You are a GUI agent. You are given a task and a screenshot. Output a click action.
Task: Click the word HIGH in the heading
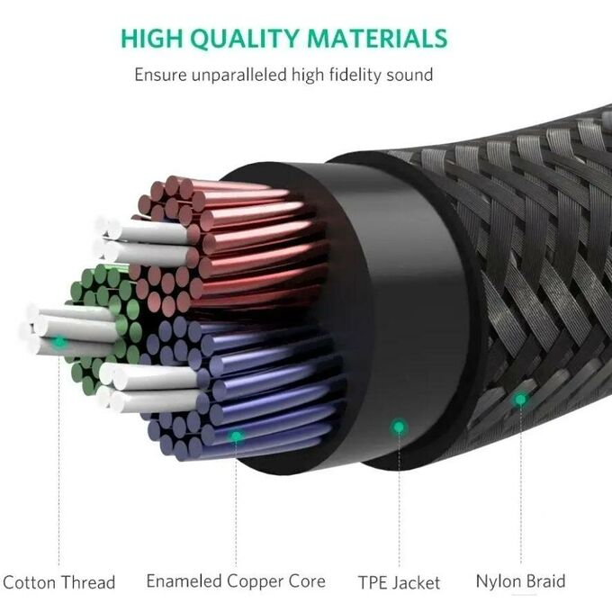pos(151,39)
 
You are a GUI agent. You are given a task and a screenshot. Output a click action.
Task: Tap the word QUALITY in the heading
pos(245,39)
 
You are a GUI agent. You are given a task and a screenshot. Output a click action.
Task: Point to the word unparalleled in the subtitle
pos(238,75)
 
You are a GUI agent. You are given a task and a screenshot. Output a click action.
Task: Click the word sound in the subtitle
pos(409,75)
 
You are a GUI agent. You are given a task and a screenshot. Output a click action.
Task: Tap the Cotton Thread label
pos(58,582)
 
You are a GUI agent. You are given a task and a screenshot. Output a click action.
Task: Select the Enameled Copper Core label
pos(236,581)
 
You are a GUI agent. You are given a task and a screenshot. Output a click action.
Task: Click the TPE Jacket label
pos(399,582)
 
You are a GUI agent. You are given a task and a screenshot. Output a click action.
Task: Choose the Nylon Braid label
pos(521,581)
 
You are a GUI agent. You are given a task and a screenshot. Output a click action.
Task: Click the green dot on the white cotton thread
pos(59,342)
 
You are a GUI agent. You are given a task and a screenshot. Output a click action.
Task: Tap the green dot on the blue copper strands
pos(236,436)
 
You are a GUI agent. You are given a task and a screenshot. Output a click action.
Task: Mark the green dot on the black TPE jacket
pos(399,427)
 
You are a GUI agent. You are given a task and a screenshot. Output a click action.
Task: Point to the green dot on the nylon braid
pos(521,400)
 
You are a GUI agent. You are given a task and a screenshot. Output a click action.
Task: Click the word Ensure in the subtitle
pos(160,75)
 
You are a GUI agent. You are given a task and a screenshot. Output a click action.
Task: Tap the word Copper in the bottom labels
pos(255,581)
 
